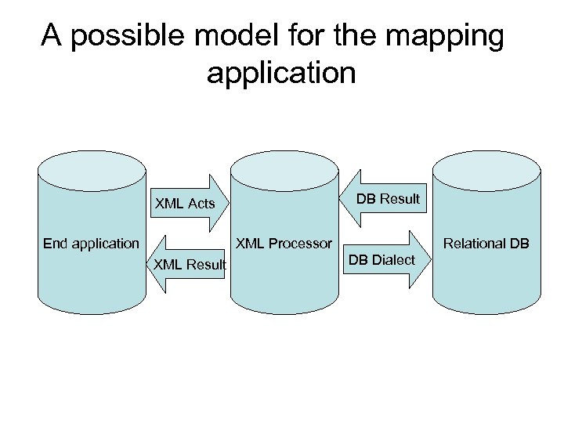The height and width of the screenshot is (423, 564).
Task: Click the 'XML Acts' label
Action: tap(185, 204)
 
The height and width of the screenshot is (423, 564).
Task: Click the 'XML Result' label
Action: tap(190, 265)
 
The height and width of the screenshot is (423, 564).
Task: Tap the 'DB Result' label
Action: tap(388, 198)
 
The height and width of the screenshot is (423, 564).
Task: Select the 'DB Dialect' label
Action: tap(381, 259)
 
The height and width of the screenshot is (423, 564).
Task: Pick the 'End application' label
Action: tap(91, 243)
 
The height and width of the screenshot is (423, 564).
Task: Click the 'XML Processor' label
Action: tap(285, 243)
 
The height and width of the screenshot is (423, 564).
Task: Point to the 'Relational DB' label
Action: tap(486, 243)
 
